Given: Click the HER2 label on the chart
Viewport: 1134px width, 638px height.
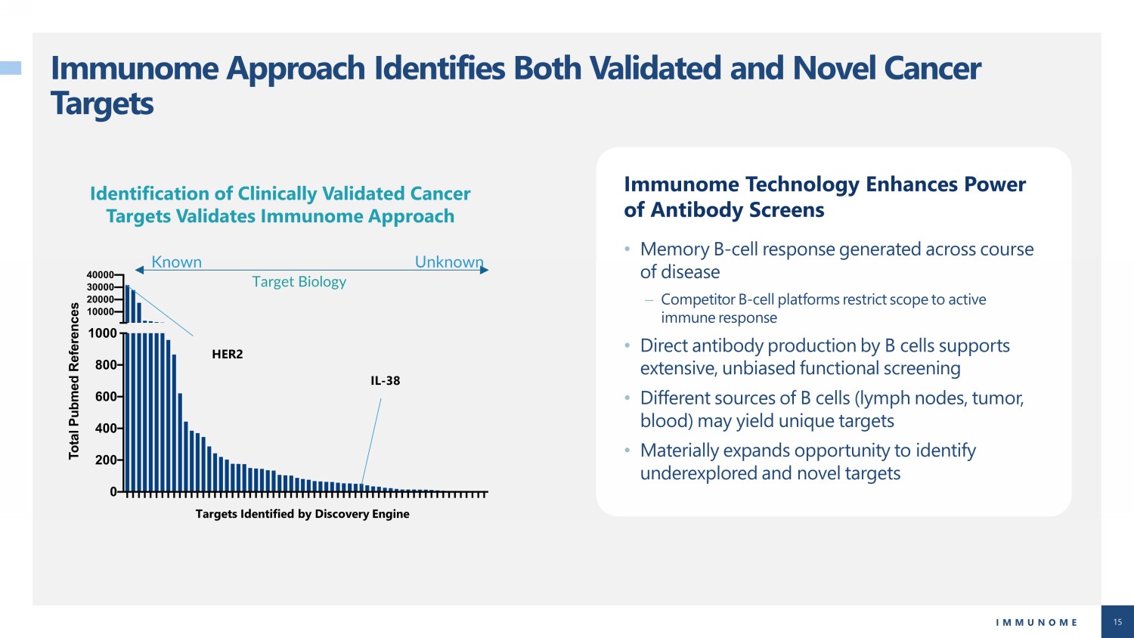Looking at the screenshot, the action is coord(228,354).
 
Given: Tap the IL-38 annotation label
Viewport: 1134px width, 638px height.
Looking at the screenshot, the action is coord(386,380).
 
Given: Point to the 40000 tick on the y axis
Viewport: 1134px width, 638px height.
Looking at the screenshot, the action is coord(101,274).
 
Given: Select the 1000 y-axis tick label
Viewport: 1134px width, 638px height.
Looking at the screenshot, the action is coord(102,333).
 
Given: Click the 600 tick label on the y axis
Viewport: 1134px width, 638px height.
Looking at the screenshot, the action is coord(106,396).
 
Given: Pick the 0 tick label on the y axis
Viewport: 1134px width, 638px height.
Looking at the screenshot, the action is coord(113,491).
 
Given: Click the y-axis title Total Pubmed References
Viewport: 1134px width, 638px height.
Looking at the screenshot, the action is coord(74,381).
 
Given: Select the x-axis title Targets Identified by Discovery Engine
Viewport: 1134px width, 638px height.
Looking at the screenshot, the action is coord(302,514).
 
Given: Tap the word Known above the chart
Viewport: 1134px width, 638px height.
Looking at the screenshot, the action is coord(177,262).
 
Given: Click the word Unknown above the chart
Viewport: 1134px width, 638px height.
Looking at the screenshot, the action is coord(449,262).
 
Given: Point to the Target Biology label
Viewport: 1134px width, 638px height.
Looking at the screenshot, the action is coord(299,281).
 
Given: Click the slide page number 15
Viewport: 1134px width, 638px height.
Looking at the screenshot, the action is coord(1117,622).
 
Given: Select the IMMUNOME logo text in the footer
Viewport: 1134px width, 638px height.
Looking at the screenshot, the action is coord(1036,622).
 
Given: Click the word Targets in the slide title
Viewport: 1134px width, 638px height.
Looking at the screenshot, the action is coord(102,104).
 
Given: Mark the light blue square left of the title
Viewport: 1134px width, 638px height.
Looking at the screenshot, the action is coord(11,68).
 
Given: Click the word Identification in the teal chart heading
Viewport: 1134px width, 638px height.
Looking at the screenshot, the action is coord(149,194).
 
